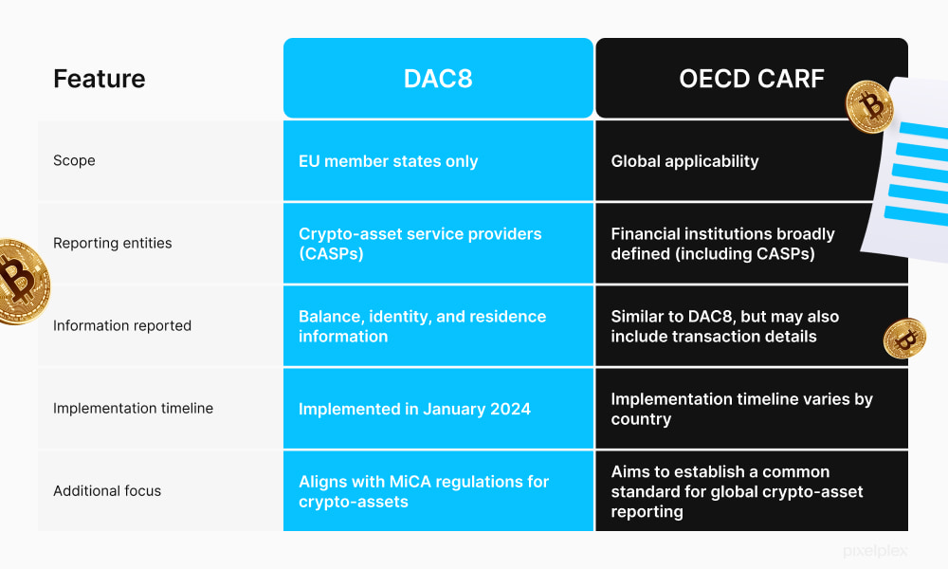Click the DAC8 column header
[438, 79]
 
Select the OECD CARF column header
[751, 79]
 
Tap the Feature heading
[100, 79]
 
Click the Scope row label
[74, 160]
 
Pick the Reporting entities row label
[113, 243]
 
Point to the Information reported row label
[122, 325]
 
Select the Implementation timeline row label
[133, 408]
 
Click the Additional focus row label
[107, 490]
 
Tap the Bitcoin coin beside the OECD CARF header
[869, 105]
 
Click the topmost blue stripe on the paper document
[921, 130]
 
